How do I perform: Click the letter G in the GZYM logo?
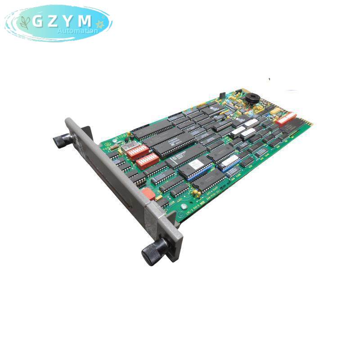pyautogui.click(x=38, y=21)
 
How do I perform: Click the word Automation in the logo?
pyautogui.click(x=77, y=31)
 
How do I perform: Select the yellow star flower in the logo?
pyautogui.click(x=100, y=24)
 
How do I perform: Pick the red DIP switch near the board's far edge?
pyautogui.click(x=286, y=118)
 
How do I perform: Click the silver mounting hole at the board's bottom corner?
pyautogui.click(x=183, y=207)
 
